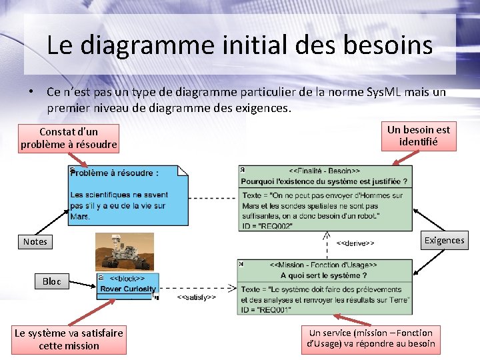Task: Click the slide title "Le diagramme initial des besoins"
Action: pyautogui.click(x=240, y=45)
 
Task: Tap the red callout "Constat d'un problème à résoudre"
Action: pyautogui.click(x=69, y=138)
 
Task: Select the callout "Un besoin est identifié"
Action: pyautogui.click(x=419, y=136)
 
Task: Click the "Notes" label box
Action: pyautogui.click(x=35, y=241)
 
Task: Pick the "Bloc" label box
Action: pyautogui.click(x=51, y=281)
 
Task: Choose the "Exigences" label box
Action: pyautogui.click(x=444, y=240)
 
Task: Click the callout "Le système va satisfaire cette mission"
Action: pyautogui.click(x=69, y=339)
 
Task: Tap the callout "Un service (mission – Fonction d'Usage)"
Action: pyautogui.click(x=371, y=338)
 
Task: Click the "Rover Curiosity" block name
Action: pyautogui.click(x=128, y=289)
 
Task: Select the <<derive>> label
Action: pyautogui.click(x=355, y=243)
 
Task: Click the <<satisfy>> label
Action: pyautogui.click(x=197, y=297)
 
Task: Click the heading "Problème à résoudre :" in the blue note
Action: pyautogui.click(x=115, y=173)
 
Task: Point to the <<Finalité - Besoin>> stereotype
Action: pyautogui.click(x=324, y=171)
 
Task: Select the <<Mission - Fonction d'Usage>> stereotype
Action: pyautogui.click(x=323, y=265)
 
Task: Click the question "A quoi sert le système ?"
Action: pyautogui.click(x=323, y=275)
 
